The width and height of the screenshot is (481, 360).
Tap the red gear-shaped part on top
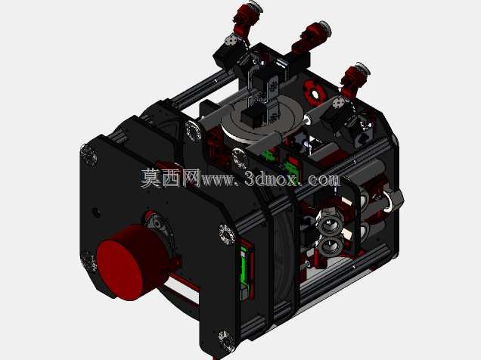pyautogui.click(x=314, y=92)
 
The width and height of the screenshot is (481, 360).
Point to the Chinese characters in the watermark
pyautogui.click(x=171, y=178)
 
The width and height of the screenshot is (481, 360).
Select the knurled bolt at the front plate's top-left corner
pyautogui.click(x=88, y=156)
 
